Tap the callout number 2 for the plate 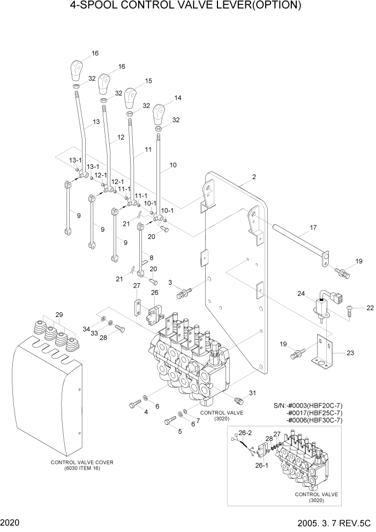pyautogui.click(x=254, y=177)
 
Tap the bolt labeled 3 pyautogui.click(x=183, y=293)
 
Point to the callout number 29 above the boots pyautogui.click(x=59, y=314)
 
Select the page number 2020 pyautogui.click(x=9, y=522)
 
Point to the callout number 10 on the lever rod pyautogui.click(x=172, y=166)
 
